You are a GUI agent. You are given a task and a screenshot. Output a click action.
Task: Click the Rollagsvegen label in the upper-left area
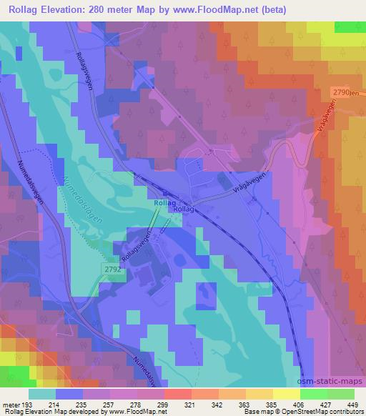click(86, 72)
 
